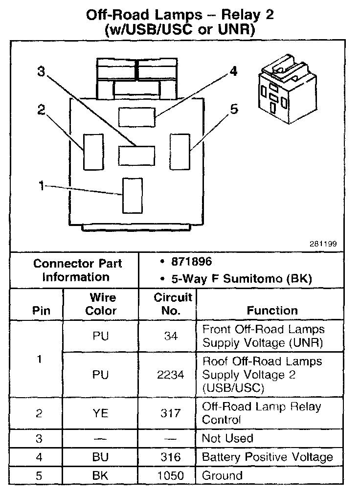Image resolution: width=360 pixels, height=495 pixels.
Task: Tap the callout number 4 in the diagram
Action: (234, 71)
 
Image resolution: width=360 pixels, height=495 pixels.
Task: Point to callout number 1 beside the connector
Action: (42, 186)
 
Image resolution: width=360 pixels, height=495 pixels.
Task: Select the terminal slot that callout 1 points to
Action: (132, 196)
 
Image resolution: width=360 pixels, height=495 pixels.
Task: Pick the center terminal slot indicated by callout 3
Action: (137, 155)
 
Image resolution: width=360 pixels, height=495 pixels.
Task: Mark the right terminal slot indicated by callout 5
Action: (180, 151)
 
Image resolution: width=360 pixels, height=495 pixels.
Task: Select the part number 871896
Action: (191, 262)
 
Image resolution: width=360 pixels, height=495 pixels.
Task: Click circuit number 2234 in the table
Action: (171, 375)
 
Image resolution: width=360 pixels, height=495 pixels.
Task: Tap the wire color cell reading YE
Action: (100, 413)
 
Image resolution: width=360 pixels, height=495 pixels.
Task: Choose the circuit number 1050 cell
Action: (170, 475)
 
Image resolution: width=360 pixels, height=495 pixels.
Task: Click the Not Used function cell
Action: (227, 438)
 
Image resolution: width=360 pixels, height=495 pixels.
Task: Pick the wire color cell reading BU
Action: (100, 457)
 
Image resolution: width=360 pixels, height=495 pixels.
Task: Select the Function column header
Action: (272, 310)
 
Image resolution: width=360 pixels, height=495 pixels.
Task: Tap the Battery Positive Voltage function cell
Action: (267, 457)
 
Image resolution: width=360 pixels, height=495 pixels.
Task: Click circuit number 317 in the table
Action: (170, 413)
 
